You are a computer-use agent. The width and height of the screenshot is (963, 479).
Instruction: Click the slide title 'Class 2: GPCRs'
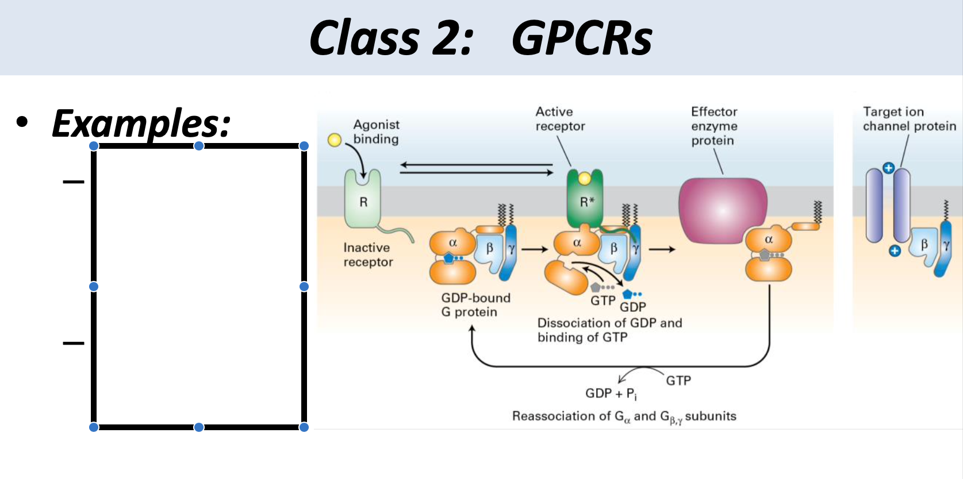481,38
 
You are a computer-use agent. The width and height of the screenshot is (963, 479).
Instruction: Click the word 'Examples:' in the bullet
141,123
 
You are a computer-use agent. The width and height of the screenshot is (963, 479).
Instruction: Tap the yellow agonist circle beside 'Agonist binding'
334,140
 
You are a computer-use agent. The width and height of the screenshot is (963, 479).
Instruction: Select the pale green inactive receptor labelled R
363,200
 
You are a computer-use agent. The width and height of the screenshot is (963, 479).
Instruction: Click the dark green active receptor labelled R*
585,201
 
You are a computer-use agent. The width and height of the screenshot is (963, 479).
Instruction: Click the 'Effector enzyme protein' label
714,126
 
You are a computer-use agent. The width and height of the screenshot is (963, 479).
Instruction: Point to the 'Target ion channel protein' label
909,119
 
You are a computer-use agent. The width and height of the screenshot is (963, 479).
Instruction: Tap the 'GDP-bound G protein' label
475,305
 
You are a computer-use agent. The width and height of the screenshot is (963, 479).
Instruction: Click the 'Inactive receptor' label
368,254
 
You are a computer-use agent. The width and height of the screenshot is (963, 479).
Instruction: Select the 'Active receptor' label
559,119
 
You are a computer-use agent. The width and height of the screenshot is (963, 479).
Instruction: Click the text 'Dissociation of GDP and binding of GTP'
609,330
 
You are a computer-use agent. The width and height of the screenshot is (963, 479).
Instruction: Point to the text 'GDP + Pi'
611,393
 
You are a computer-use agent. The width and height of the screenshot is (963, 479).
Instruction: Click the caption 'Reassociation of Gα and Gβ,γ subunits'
624,416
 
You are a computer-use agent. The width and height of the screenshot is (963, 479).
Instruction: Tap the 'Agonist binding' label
376,132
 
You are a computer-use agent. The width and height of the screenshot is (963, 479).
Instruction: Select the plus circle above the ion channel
888,168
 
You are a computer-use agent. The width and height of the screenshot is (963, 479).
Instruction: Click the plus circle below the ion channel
895,250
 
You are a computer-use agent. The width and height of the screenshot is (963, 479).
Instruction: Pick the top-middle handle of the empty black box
199,146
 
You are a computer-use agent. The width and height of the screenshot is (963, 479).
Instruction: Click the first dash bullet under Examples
74,182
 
